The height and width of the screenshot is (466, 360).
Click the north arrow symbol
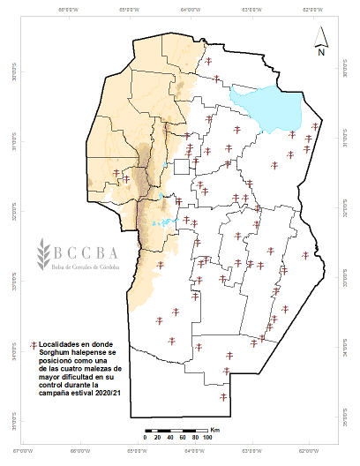(x=323, y=35)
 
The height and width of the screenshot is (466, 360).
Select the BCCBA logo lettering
(x=97, y=250)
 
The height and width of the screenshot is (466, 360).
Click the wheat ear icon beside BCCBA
(x=41, y=255)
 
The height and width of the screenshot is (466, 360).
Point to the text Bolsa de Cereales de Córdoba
(x=98, y=267)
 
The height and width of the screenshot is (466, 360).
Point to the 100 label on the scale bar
(x=207, y=438)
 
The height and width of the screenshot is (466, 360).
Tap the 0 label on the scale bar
(x=145, y=438)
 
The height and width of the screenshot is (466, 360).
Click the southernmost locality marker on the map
(x=224, y=397)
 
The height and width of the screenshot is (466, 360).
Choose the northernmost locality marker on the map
(x=208, y=61)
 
